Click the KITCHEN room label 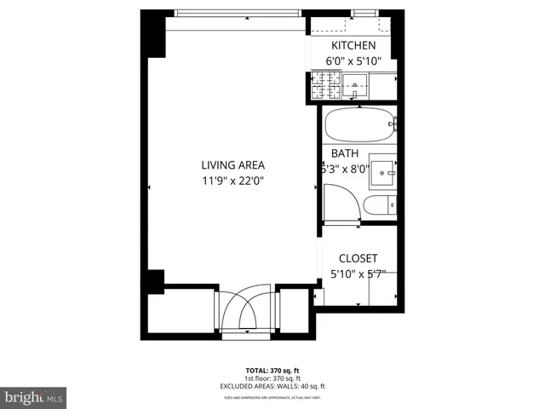(353, 46)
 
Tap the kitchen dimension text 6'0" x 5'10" (353, 61)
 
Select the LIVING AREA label (233, 165)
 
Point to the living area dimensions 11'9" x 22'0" (233, 181)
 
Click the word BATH (344, 153)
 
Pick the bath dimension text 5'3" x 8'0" (344, 169)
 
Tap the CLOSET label (358, 258)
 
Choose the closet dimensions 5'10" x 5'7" (358, 274)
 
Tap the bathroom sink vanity (383, 169)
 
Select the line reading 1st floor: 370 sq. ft (272, 378)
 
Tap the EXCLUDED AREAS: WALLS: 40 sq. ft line (272, 386)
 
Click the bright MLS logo (34, 397)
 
